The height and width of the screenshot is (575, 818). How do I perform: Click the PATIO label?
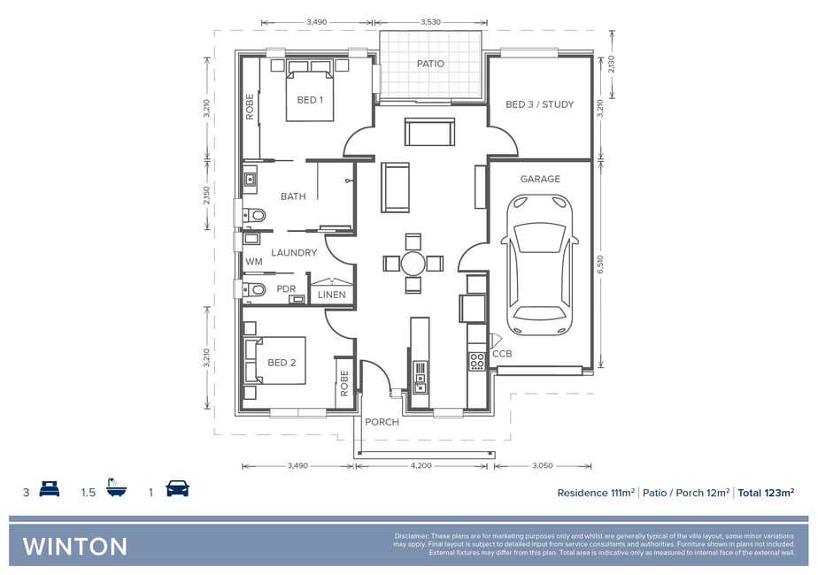pos(430,64)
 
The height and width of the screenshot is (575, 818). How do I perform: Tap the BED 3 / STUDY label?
pos(539,104)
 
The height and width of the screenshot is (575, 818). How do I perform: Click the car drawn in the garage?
pos(540,264)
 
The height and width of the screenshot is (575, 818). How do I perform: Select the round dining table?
pos(413,264)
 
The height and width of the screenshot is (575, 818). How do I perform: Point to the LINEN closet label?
pos(332,295)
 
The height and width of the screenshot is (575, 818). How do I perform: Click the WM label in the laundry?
pos(254,262)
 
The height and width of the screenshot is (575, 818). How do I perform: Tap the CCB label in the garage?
pos(502,354)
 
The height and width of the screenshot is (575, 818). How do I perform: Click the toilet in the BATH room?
pos(254,215)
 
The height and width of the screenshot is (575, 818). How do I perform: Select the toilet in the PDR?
pos(254,288)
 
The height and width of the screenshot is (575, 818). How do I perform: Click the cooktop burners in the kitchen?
pos(477,361)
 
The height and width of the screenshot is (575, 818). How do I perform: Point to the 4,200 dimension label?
pos(421,465)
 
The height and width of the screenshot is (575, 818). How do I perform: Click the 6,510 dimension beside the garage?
pos(600,264)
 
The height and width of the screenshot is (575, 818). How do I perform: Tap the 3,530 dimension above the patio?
pos(430,22)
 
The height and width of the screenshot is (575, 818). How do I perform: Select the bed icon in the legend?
pos(50,489)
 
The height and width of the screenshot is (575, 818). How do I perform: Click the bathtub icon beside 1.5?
pos(116,487)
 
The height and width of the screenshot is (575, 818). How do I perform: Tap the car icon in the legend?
pos(177,488)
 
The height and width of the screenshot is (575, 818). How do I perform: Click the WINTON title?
pos(75,547)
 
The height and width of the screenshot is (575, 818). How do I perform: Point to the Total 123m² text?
pos(766,493)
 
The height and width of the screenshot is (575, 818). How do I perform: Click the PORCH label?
pos(382,422)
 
